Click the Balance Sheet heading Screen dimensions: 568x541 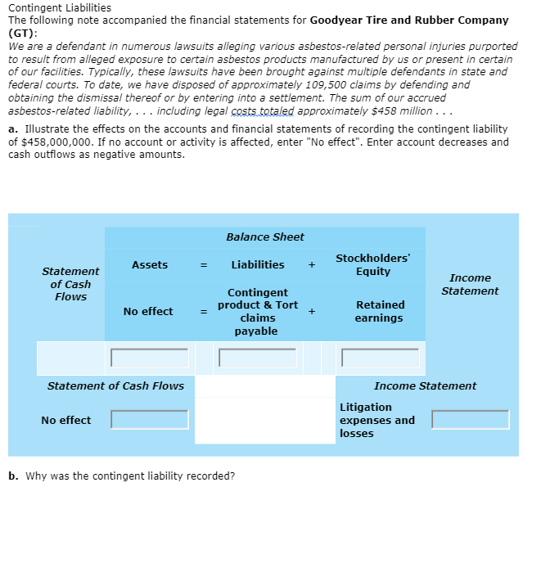coord(264,237)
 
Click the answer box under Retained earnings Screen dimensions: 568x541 coord(381,358)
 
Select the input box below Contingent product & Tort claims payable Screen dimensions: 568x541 coord(258,358)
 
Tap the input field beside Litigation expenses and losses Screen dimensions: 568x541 coord(471,420)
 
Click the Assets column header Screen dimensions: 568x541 coord(149,264)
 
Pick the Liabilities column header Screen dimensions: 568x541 coord(258,264)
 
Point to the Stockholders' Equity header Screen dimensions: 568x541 coord(373,264)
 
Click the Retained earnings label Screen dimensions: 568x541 coord(380,311)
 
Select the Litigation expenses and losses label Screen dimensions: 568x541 coord(376,420)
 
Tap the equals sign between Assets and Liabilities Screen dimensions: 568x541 coord(206,264)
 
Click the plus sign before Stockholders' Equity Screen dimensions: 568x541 coord(311,264)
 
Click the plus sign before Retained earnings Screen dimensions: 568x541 coord(311,311)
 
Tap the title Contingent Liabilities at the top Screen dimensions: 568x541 coord(59,7)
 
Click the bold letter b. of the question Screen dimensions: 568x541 coord(13,476)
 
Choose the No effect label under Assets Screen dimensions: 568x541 coord(148,311)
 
